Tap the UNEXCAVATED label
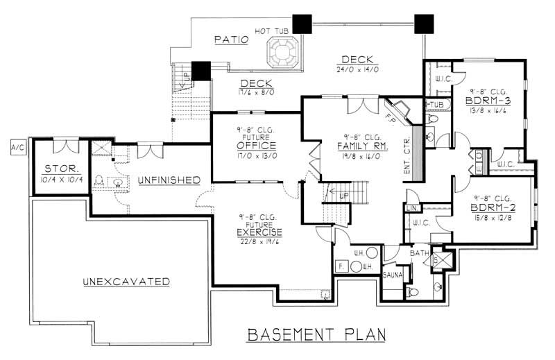coord(126,282)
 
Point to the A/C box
coord(15,147)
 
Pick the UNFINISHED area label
coord(169,180)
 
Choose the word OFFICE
coord(256,146)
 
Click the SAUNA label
coord(393,275)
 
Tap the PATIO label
coord(231,40)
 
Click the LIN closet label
coord(411,208)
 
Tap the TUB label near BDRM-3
coord(435,105)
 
